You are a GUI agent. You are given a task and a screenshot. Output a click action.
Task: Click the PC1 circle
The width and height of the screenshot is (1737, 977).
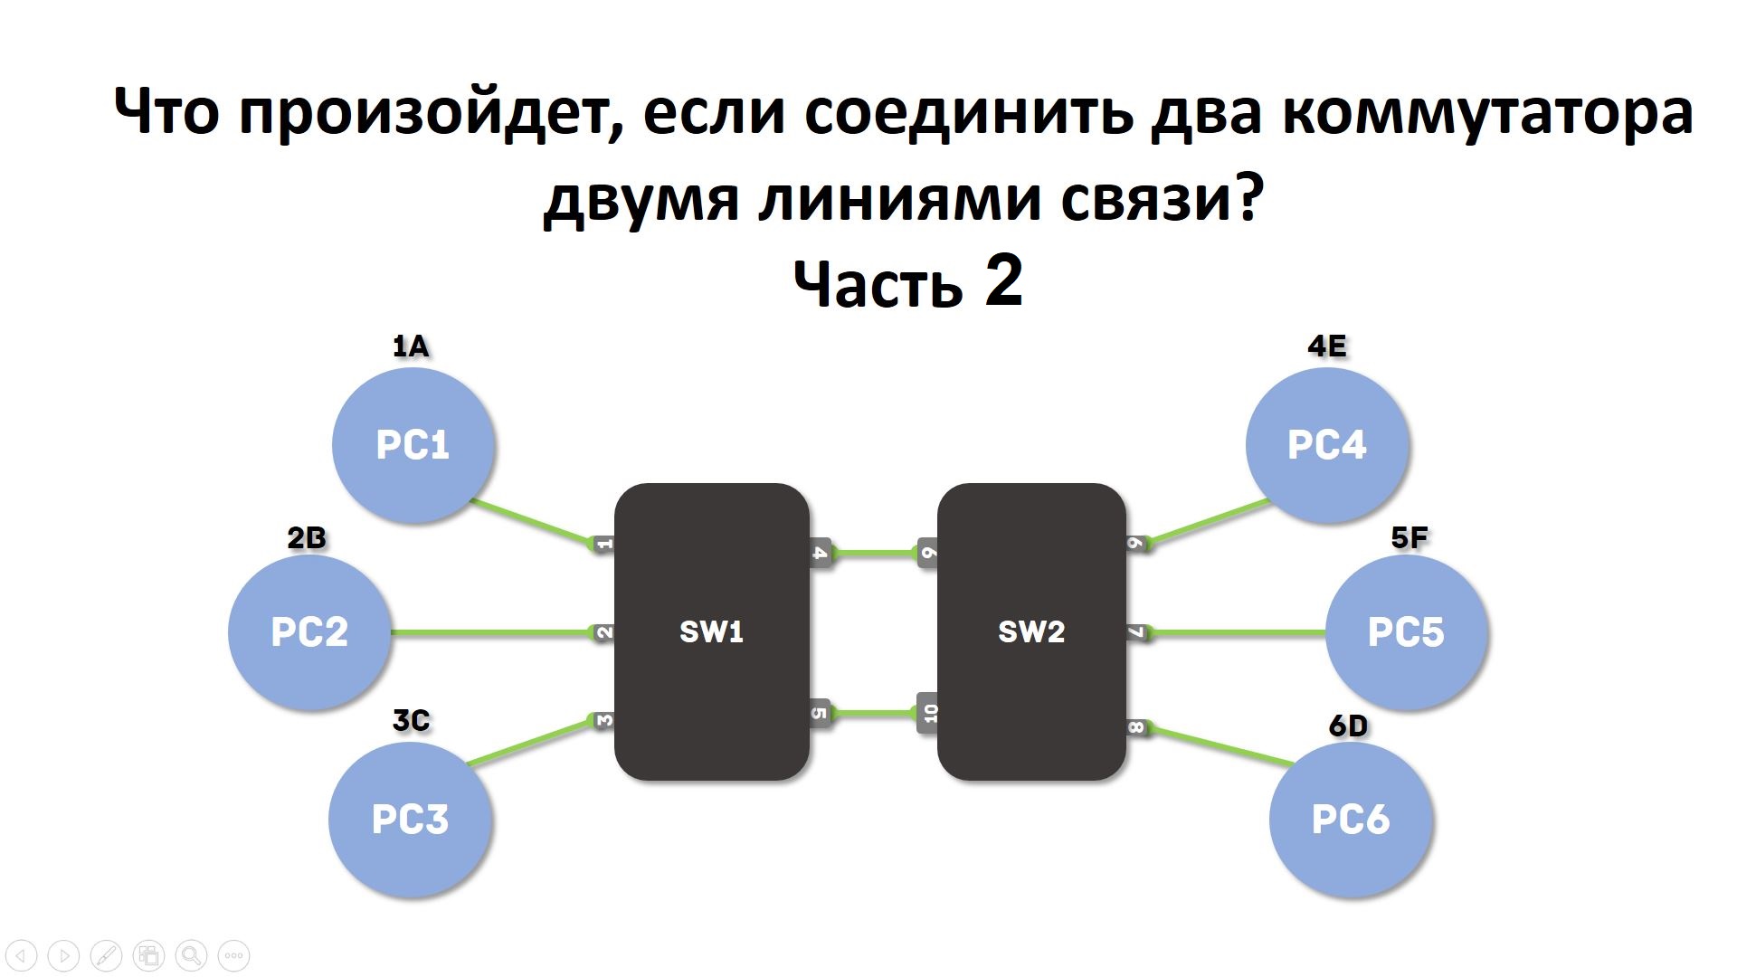pyautogui.click(x=413, y=444)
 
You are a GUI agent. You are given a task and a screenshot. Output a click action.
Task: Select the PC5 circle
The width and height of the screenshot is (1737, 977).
pyautogui.click(x=1406, y=631)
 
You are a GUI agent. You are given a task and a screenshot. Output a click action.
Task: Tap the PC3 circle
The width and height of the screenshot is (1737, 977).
pyautogui.click(x=410, y=819)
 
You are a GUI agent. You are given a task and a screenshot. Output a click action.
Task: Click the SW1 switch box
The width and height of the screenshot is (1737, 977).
pyautogui.click(x=712, y=631)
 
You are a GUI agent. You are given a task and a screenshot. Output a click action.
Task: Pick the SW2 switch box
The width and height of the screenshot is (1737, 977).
pyautogui.click(x=1031, y=631)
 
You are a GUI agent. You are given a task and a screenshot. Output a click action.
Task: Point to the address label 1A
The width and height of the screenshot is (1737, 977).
pyautogui.click(x=411, y=346)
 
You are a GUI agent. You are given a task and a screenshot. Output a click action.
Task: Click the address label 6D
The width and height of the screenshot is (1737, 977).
pyautogui.click(x=1348, y=726)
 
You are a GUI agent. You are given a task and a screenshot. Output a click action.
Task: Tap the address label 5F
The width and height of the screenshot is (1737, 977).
pyautogui.click(x=1409, y=538)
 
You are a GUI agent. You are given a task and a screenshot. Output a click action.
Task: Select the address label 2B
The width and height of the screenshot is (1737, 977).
pyautogui.click(x=306, y=538)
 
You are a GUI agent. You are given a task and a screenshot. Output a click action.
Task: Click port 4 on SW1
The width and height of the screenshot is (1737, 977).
pyautogui.click(x=820, y=552)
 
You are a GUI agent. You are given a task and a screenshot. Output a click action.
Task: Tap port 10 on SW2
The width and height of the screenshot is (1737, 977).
pyautogui.click(x=929, y=713)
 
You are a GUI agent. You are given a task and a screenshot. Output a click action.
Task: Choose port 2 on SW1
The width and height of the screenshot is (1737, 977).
pyautogui.click(x=603, y=632)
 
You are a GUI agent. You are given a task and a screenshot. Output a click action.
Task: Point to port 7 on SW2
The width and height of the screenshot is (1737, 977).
pyautogui.click(x=1136, y=632)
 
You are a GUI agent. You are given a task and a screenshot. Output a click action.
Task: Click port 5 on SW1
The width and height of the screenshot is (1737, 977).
pyautogui.click(x=820, y=713)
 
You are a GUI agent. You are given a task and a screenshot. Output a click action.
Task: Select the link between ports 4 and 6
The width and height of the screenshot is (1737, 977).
pyautogui.click(x=874, y=552)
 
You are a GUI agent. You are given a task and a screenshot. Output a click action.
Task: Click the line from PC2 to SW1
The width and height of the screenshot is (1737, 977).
pyautogui.click(x=489, y=632)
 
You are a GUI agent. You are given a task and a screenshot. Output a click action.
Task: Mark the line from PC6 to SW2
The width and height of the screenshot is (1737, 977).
pyautogui.click(x=1221, y=746)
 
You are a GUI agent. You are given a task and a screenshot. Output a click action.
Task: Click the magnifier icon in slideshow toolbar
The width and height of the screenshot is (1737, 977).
pyautogui.click(x=191, y=955)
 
